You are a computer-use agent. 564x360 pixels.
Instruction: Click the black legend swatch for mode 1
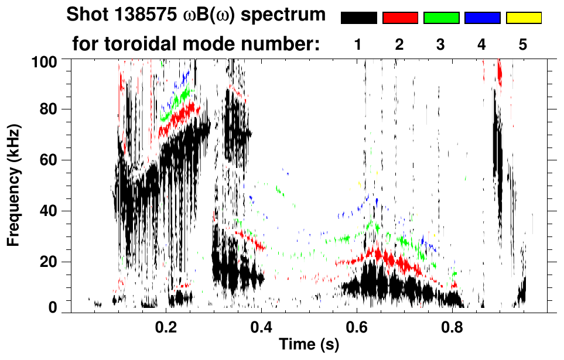pyautogui.click(x=358, y=18)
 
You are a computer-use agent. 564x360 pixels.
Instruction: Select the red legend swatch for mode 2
pyautogui.click(x=400, y=18)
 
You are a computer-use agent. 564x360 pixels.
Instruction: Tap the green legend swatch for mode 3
pyautogui.click(x=441, y=18)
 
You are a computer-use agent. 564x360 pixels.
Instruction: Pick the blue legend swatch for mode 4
pyautogui.click(x=482, y=18)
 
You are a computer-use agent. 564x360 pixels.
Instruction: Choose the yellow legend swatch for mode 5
pyautogui.click(x=523, y=18)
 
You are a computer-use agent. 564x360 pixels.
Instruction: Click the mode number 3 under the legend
pyautogui.click(x=440, y=45)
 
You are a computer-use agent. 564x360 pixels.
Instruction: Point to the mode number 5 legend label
pyautogui.click(x=523, y=45)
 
